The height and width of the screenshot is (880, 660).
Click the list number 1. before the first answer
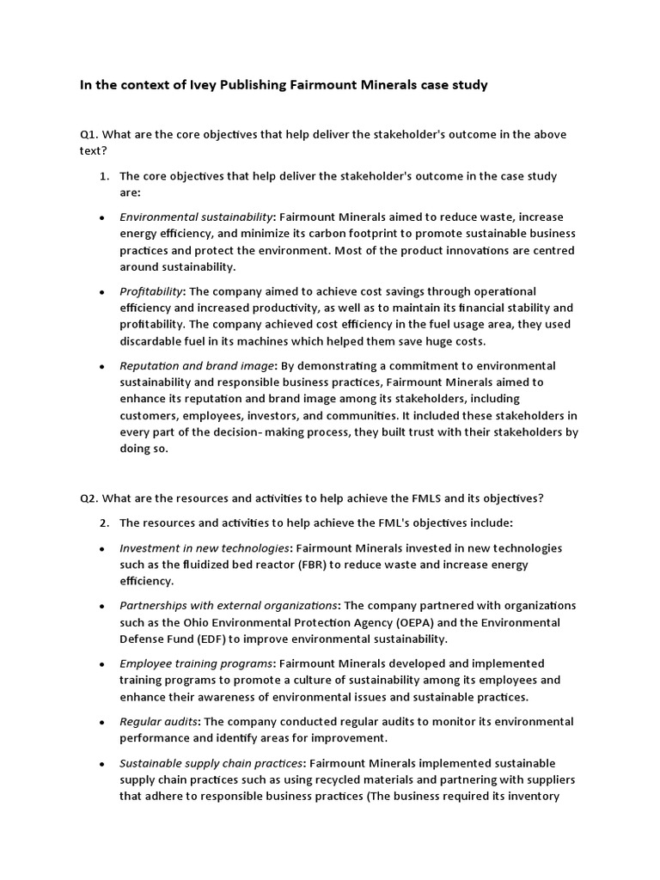pyautogui.click(x=103, y=176)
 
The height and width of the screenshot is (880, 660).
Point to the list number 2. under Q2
pyautogui.click(x=103, y=522)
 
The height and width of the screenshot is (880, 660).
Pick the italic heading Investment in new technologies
pyautogui.click(x=204, y=548)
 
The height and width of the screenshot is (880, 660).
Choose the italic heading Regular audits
pyautogui.click(x=157, y=721)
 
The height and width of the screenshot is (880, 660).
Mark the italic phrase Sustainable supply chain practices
pyautogui.click(x=211, y=763)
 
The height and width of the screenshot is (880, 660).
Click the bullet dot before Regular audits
pyautogui.click(x=102, y=723)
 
